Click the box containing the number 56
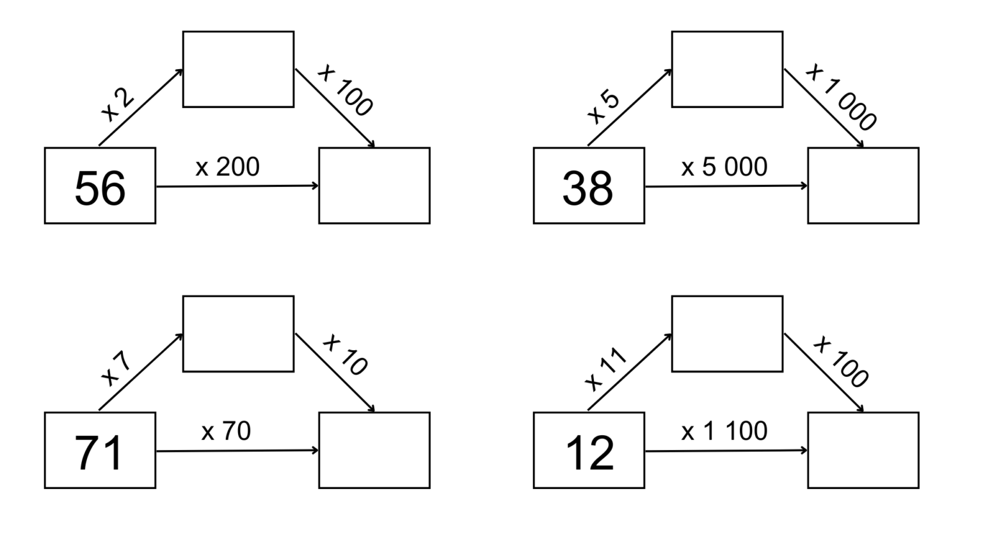click(x=100, y=186)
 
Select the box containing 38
click(x=589, y=186)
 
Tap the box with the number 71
click(x=100, y=451)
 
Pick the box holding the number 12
click(x=589, y=451)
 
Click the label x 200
click(x=227, y=167)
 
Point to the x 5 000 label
click(x=724, y=167)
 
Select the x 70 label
click(x=226, y=431)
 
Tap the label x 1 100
click(x=724, y=431)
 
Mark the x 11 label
click(x=605, y=370)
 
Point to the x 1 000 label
click(x=841, y=97)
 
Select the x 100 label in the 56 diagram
click(x=345, y=90)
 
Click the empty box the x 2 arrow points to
click(x=238, y=69)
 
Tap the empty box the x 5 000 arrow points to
click(x=863, y=186)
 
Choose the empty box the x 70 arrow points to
click(x=374, y=451)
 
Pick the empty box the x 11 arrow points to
click(x=727, y=333)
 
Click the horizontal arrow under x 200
click(x=237, y=186)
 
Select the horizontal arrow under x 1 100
click(x=726, y=451)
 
